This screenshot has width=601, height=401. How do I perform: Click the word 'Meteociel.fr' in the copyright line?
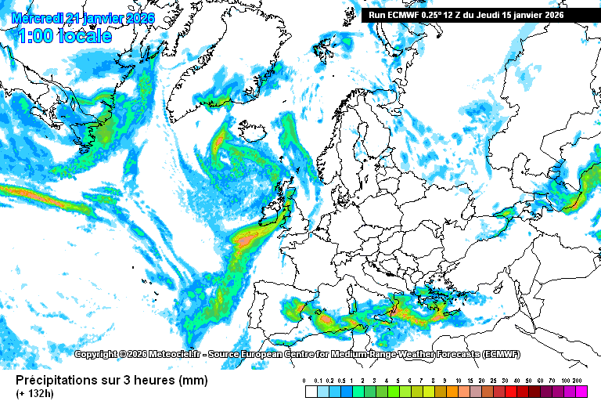click(x=175, y=355)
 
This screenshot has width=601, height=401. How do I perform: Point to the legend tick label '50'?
click(x=528, y=380)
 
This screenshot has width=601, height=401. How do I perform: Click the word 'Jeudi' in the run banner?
click(x=495, y=15)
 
